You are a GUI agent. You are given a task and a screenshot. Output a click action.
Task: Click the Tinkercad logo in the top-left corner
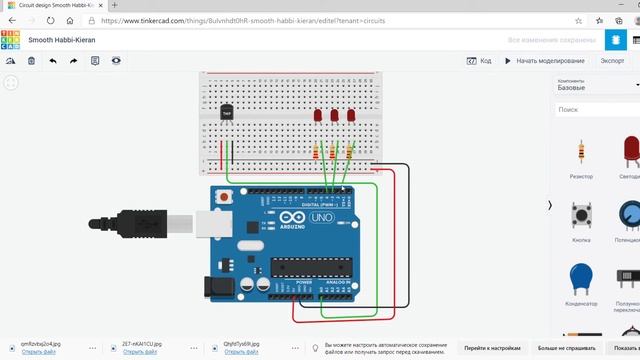10,39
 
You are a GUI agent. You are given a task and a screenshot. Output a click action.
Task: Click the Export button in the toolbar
610,61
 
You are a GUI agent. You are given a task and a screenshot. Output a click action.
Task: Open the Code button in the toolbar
479,61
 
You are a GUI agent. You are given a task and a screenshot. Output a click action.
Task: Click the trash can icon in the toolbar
32,61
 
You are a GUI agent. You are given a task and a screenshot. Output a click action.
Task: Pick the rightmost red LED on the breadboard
351,115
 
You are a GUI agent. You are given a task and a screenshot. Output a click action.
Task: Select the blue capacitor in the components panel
580,278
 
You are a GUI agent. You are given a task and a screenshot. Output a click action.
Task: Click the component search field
595,109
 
